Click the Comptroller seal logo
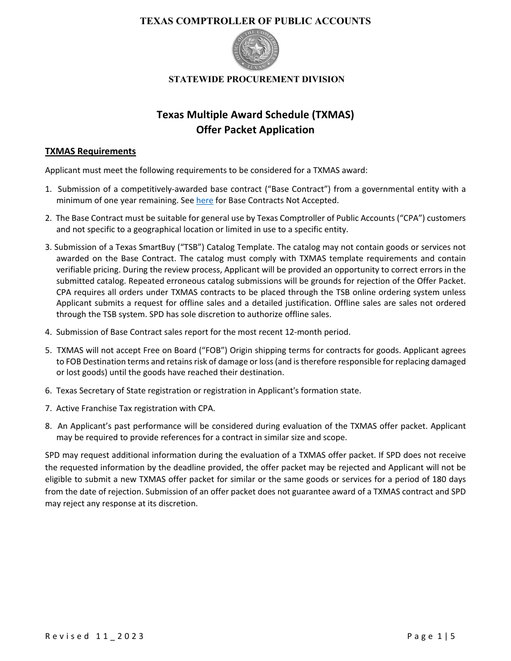(x=256, y=50)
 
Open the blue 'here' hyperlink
(x=204, y=200)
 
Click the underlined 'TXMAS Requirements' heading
(x=90, y=152)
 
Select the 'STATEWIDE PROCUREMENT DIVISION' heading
(x=256, y=80)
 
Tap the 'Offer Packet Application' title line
(x=255, y=130)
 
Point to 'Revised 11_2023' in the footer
(x=95, y=636)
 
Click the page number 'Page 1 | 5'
(x=431, y=636)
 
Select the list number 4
(x=48, y=332)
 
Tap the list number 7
(x=48, y=408)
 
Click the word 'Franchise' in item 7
(x=100, y=408)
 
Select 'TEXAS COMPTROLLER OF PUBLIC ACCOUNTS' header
(x=256, y=21)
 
